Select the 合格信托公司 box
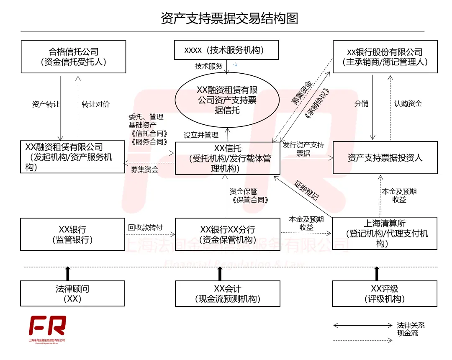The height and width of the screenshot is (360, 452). pos(73,57)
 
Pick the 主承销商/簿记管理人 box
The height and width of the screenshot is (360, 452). pos(385,57)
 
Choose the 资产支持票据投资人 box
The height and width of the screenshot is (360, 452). pos(385,157)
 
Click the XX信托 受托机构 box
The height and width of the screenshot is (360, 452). pos(227,158)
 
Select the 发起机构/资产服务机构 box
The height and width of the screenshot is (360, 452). pos(73,157)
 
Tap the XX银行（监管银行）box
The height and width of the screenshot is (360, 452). pos(73,234)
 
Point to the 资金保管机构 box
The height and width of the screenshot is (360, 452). pos(227,234)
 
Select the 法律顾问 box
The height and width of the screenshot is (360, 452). pos(73,293)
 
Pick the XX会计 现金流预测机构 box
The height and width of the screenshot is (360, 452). pos(227,293)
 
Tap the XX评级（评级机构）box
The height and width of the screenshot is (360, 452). pos(385,293)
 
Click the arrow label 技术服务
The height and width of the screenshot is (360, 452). pos(208,66)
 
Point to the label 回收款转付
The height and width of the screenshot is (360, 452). pos(145,228)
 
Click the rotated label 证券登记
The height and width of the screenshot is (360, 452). pos(306,190)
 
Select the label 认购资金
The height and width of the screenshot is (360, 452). pos(408,103)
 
